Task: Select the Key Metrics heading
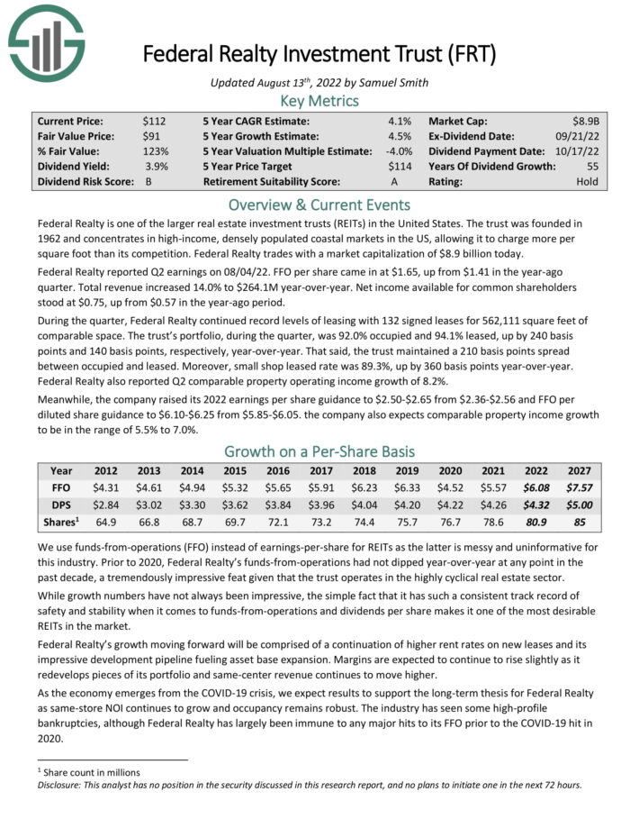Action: (x=319, y=100)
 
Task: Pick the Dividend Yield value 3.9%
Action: (x=157, y=166)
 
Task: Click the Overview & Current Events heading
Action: (x=319, y=204)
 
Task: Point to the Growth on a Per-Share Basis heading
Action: (x=319, y=451)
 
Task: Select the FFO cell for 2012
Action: (x=107, y=487)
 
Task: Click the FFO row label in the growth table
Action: (x=61, y=487)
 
